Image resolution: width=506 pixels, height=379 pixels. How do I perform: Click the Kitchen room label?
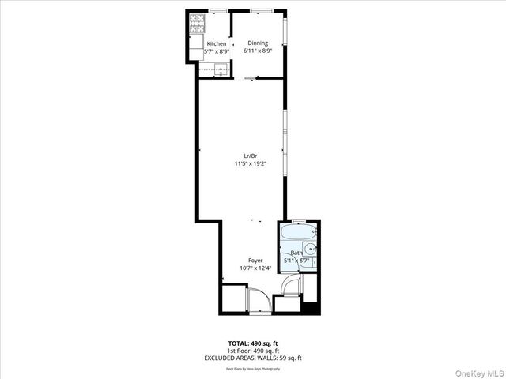tap(217, 43)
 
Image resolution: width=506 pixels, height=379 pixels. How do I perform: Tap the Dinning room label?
tap(258, 43)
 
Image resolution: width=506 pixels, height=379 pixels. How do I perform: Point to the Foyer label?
tap(255, 260)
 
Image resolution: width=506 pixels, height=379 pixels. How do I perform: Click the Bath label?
tap(296, 253)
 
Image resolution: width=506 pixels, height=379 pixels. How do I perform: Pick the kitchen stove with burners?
tap(196, 26)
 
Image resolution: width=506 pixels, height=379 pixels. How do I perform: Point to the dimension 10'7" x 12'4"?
tap(255, 268)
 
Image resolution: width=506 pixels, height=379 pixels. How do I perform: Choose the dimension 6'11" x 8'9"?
tap(258, 51)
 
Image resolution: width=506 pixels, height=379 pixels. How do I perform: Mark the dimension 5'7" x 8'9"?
tap(217, 51)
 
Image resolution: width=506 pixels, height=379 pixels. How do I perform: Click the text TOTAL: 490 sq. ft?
tap(252, 342)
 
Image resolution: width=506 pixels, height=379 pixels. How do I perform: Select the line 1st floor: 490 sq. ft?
tap(252, 350)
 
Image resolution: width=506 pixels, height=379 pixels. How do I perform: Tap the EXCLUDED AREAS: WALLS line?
tap(252, 358)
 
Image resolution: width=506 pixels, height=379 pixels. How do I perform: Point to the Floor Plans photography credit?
tap(252, 368)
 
